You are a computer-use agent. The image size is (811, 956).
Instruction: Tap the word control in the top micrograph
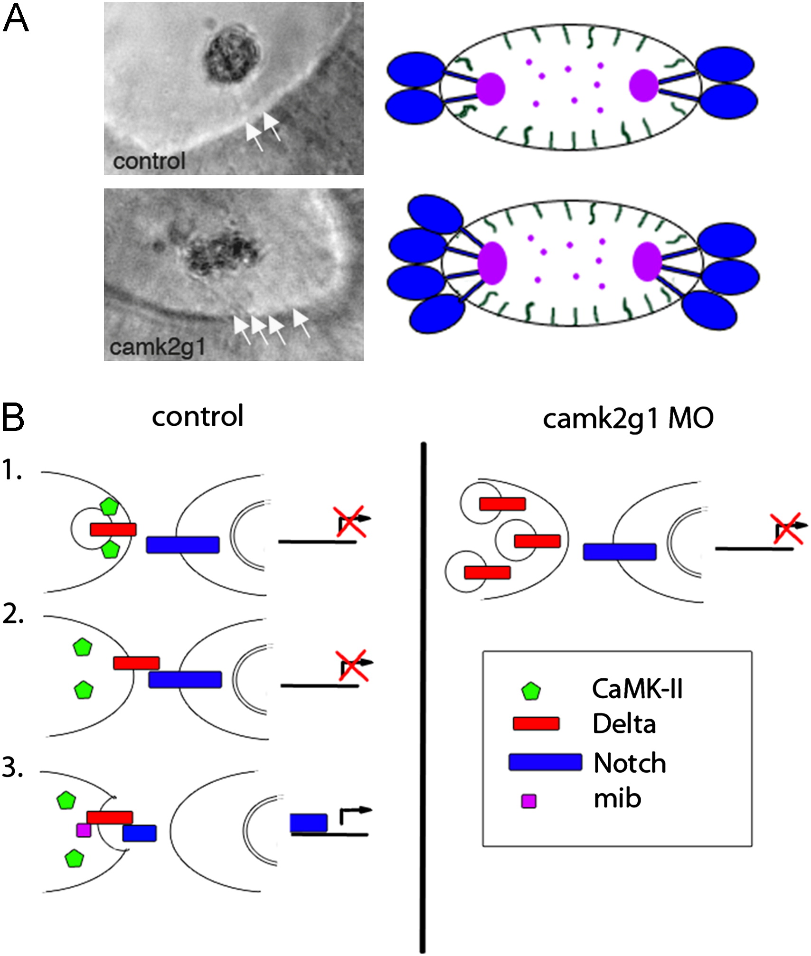(149, 161)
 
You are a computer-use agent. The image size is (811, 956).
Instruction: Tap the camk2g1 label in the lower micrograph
(157, 347)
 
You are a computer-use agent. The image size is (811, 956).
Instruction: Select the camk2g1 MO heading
(628, 419)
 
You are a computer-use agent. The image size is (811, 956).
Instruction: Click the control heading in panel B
(198, 416)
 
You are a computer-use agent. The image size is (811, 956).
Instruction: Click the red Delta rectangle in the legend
(536, 724)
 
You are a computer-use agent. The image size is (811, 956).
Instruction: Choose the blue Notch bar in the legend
(545, 762)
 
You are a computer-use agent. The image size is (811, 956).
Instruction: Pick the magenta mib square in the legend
(529, 802)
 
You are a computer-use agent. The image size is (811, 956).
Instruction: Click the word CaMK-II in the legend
(637, 689)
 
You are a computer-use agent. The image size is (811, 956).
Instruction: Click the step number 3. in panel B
(13, 768)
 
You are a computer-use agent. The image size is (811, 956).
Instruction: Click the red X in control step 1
(350, 521)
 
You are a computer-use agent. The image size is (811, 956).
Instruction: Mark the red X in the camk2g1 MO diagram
(787, 528)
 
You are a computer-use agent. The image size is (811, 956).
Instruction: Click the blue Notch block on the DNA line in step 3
(309, 823)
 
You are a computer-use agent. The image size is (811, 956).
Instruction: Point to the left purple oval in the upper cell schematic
(490, 89)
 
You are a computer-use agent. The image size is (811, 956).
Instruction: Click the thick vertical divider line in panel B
(423, 698)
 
